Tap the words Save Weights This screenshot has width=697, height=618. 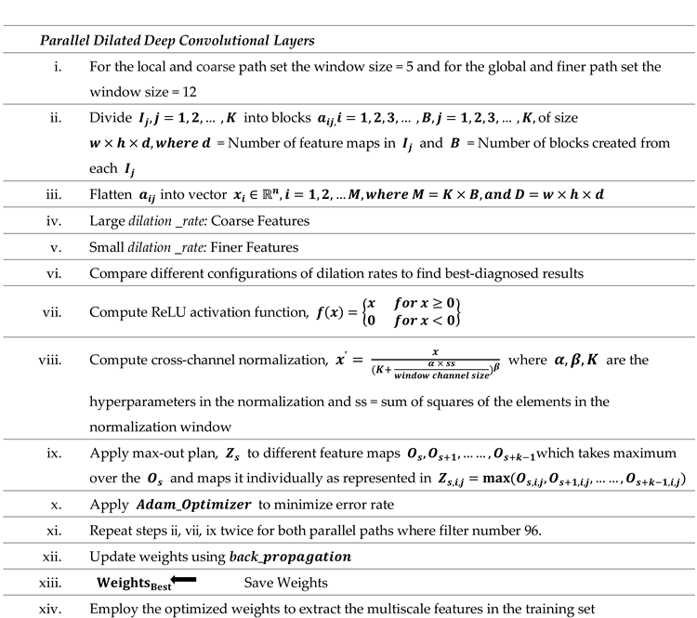pyautogui.click(x=284, y=583)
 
